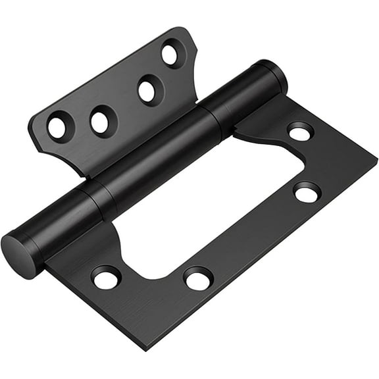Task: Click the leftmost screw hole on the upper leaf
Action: coord(57,126)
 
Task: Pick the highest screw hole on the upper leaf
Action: coord(171,54)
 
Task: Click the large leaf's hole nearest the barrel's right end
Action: coord(299,132)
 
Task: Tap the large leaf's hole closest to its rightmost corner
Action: coord(307,192)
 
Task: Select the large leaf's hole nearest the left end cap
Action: coord(106,277)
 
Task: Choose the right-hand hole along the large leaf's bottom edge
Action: coord(197,278)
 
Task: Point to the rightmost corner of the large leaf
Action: coord(375,158)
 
